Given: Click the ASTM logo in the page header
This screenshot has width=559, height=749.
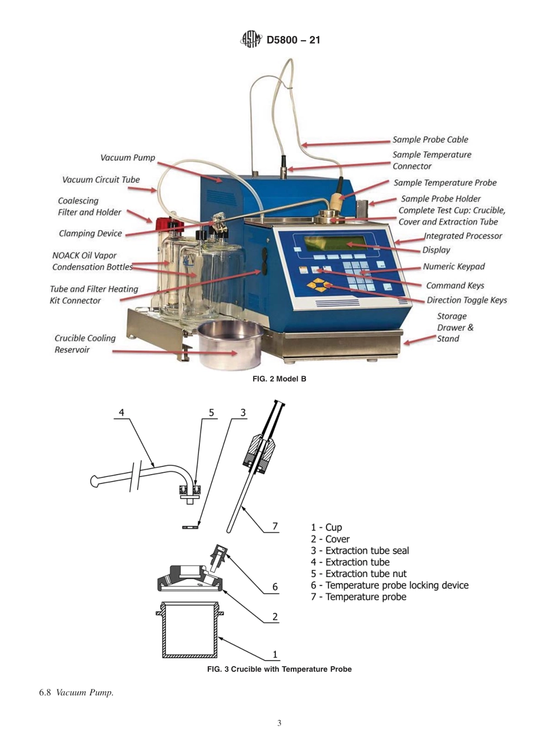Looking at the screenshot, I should [x=251, y=40].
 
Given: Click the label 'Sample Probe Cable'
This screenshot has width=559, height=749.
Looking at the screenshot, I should [x=430, y=140].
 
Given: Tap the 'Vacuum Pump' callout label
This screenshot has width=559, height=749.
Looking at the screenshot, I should [x=128, y=158].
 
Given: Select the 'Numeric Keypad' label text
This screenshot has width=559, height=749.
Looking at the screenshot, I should [x=454, y=267].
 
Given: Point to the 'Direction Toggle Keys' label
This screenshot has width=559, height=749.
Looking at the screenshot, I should [x=467, y=300].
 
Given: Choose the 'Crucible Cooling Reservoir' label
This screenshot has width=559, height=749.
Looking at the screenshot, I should [x=85, y=344].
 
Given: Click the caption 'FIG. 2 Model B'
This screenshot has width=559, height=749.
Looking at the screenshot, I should [x=279, y=379].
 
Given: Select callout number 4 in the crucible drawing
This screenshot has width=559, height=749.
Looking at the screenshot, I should [x=122, y=412].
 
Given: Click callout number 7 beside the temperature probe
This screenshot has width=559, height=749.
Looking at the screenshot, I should [x=275, y=526].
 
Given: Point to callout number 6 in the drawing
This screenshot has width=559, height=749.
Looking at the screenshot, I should [x=275, y=586].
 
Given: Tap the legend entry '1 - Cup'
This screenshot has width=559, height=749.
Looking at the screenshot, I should [x=326, y=528].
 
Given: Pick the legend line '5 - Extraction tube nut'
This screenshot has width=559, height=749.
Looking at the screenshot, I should [x=358, y=574].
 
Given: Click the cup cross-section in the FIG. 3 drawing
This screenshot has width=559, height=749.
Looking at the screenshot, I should [x=190, y=630].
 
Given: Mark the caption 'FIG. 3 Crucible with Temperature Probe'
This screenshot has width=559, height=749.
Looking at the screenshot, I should [x=279, y=670].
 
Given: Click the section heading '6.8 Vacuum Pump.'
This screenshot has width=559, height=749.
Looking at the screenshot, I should [x=76, y=692].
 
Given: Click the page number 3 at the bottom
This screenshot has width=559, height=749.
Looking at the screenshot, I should [x=279, y=723].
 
